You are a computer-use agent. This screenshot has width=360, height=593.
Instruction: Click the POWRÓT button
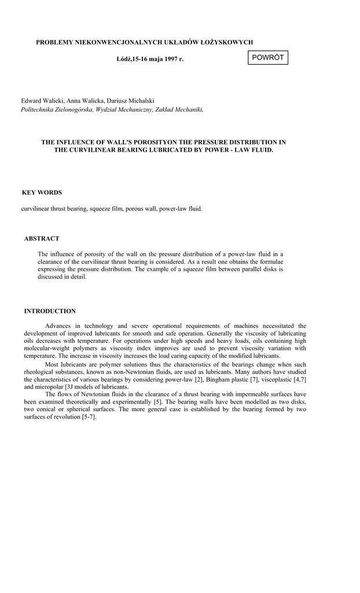(268, 57)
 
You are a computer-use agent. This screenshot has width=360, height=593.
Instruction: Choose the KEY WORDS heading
(42, 192)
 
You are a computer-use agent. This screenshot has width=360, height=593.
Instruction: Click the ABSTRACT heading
(42, 239)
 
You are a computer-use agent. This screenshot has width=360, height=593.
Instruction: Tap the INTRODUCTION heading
(50, 311)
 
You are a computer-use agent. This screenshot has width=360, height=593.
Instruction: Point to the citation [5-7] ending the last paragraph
(89, 417)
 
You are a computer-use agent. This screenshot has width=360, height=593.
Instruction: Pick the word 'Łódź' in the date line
(124, 59)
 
